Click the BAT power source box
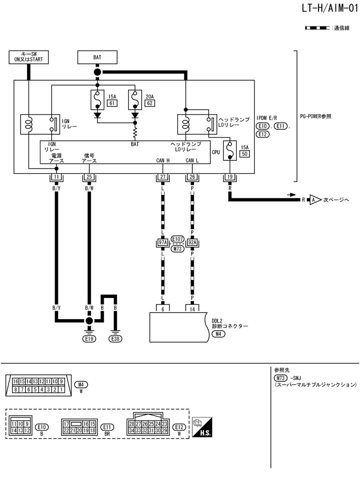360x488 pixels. [x=97, y=57]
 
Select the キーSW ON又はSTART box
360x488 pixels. [x=29, y=57]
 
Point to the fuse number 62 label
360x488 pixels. [x=149, y=103]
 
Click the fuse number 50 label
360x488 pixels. [x=245, y=153]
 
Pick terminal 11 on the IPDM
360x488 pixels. [x=57, y=177]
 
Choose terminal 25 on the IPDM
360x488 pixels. [x=89, y=177]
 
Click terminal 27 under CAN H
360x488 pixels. [x=163, y=177]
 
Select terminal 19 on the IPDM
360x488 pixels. [x=230, y=177]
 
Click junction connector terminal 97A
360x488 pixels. [x=163, y=243]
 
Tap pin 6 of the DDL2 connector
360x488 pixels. [x=163, y=309]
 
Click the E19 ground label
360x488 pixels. [x=89, y=338]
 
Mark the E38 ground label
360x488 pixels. [x=116, y=338]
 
